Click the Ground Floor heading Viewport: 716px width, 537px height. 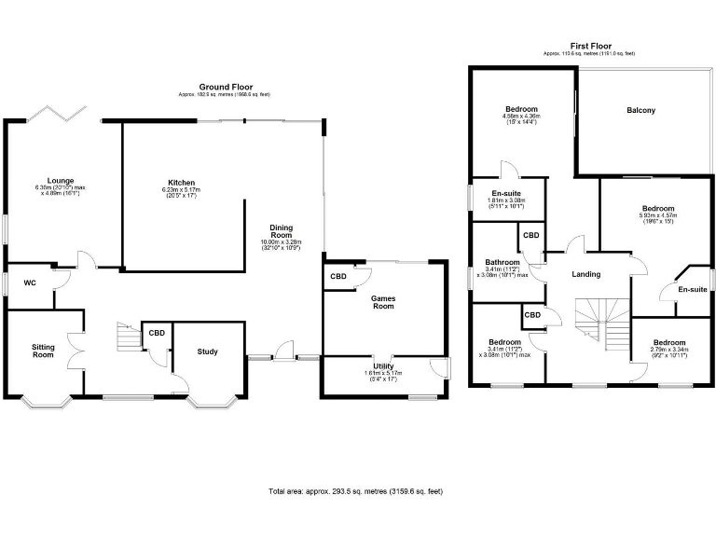226,87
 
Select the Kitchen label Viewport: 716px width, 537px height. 181,182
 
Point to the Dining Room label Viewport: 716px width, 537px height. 281,232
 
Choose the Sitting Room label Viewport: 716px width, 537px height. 43,350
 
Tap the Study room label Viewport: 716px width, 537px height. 207,351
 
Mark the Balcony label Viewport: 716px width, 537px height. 640,110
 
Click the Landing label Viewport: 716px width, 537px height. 586,274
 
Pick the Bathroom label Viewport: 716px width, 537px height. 503,263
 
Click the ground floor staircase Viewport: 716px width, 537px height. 127,337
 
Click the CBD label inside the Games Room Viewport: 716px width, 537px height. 337,277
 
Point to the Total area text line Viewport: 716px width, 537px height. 355,490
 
